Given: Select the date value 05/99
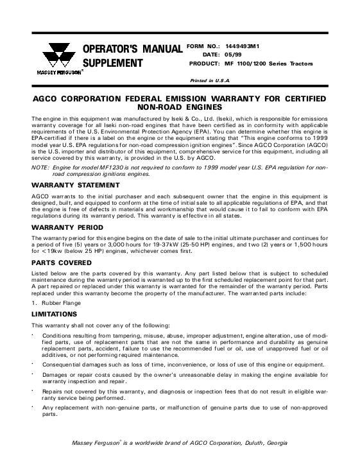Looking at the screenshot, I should tap(240, 55).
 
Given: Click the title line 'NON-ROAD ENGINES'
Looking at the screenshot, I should tap(179, 110).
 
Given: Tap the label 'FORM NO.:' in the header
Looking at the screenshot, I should tap(203, 46).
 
